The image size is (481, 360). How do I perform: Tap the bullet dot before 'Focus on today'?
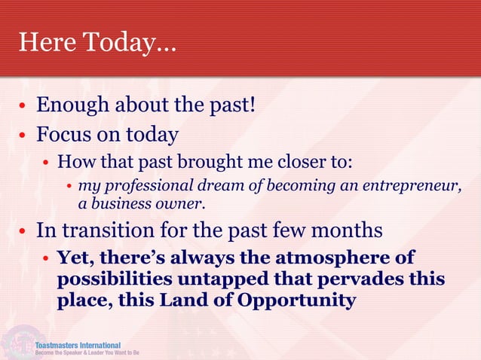pos(23,136)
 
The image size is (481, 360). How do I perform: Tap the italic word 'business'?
pos(120,203)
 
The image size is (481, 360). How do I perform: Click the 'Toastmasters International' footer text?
pos(83,344)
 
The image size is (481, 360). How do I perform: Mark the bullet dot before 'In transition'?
pos(23,231)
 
